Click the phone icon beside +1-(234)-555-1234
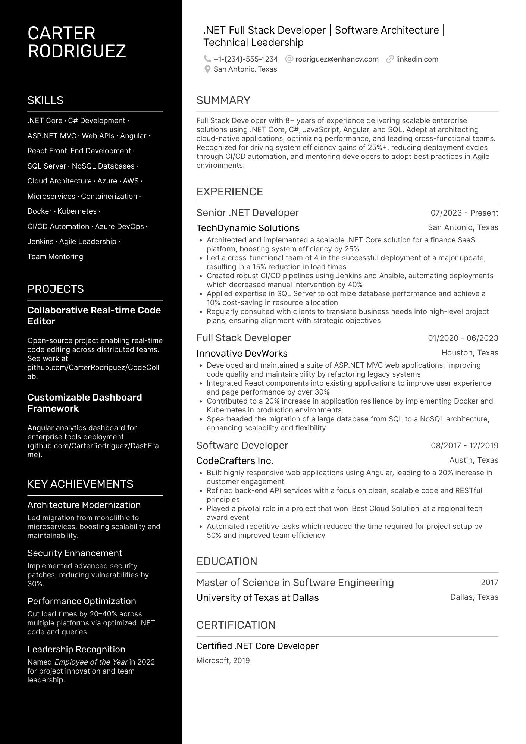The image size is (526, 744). [x=207, y=59]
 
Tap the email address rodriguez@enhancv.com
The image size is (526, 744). [x=336, y=59]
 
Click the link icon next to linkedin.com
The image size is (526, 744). [x=390, y=59]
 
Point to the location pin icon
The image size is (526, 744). [x=207, y=69]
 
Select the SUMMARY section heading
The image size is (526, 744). [x=223, y=100]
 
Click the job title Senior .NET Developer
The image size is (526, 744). [x=247, y=213]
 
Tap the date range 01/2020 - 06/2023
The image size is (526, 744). [x=463, y=338]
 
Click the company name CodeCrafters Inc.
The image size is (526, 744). [x=235, y=461]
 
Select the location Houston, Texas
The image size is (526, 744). [x=469, y=352]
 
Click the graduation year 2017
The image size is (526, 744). [x=489, y=582]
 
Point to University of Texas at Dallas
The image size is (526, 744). [x=257, y=597]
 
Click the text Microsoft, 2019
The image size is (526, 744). [x=223, y=660]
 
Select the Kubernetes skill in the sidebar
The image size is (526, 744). [x=77, y=211]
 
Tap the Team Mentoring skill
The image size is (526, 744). [x=55, y=257]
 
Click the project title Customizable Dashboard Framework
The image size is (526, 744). [x=85, y=403]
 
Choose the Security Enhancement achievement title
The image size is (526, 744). [x=75, y=553]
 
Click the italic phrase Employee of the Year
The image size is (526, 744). [x=91, y=662]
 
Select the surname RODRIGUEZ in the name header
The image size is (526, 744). [x=76, y=51]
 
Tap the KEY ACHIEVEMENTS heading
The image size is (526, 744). [x=80, y=484]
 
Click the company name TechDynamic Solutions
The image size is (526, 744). [x=248, y=228]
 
